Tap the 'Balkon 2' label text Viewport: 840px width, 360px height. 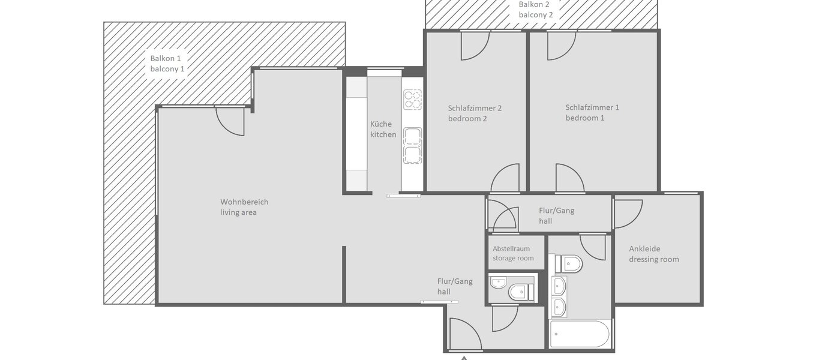click(x=536, y=9)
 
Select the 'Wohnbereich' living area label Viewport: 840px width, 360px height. click(x=244, y=207)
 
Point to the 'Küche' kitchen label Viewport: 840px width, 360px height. click(x=383, y=129)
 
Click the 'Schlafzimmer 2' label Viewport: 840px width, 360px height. click(x=474, y=113)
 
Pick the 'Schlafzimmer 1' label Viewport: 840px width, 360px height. click(x=592, y=113)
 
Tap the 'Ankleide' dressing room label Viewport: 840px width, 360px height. click(x=653, y=254)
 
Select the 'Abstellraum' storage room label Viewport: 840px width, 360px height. click(x=511, y=253)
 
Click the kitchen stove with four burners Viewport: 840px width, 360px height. click(x=412, y=99)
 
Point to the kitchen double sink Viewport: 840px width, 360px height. click(x=412, y=146)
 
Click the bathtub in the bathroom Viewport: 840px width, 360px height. click(x=580, y=334)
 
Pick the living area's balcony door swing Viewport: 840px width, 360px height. click(x=230, y=121)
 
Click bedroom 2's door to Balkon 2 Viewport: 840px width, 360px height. click(x=475, y=45)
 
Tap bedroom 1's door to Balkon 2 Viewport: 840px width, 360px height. click(x=561, y=45)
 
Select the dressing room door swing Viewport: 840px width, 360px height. click(x=628, y=214)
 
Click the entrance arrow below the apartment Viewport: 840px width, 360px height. click(x=464, y=358)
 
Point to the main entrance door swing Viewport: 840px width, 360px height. click(x=465, y=335)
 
